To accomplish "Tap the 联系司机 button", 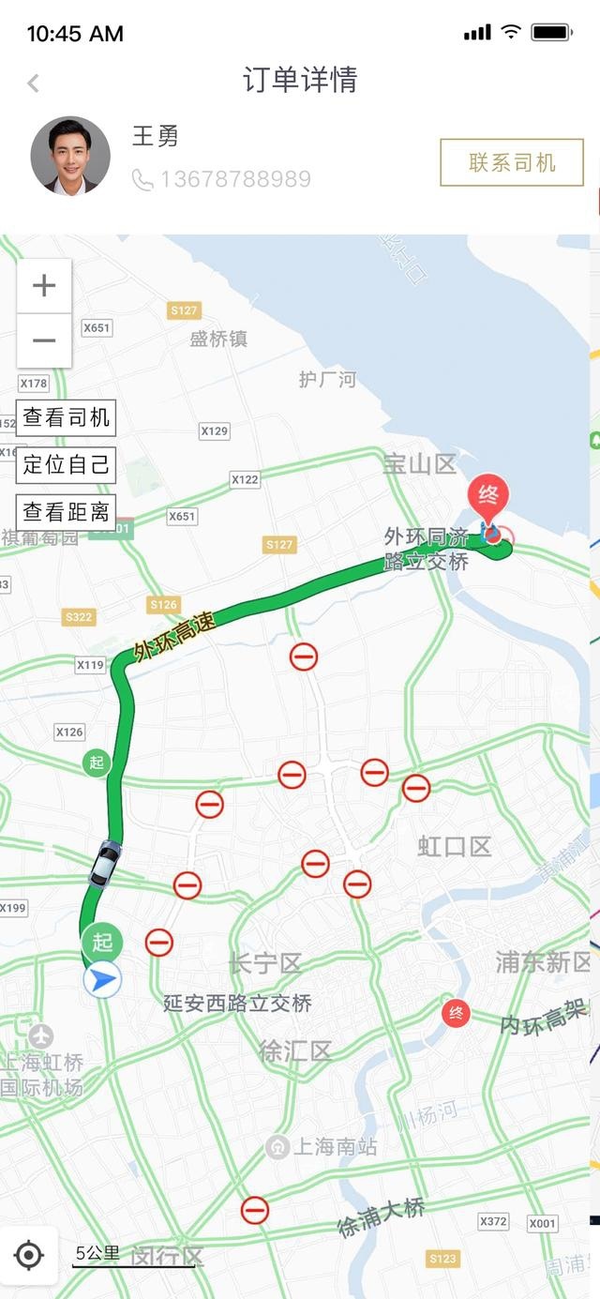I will point(512,163).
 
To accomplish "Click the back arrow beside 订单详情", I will point(34,83).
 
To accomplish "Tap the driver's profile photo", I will point(70,156).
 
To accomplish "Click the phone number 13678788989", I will point(235,179).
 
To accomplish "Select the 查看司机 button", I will point(66,417).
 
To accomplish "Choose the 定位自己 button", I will point(66,464).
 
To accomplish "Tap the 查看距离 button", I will point(66,512).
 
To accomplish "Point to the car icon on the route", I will point(105,862).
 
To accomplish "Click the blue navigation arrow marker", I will point(102,980).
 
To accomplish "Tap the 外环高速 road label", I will point(174,638).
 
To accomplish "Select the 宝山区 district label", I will point(419,463).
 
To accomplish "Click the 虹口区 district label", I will point(455,847).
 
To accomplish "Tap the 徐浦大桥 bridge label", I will point(382,1219).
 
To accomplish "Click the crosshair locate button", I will point(29,1254).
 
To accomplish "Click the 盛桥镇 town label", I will point(218,339).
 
